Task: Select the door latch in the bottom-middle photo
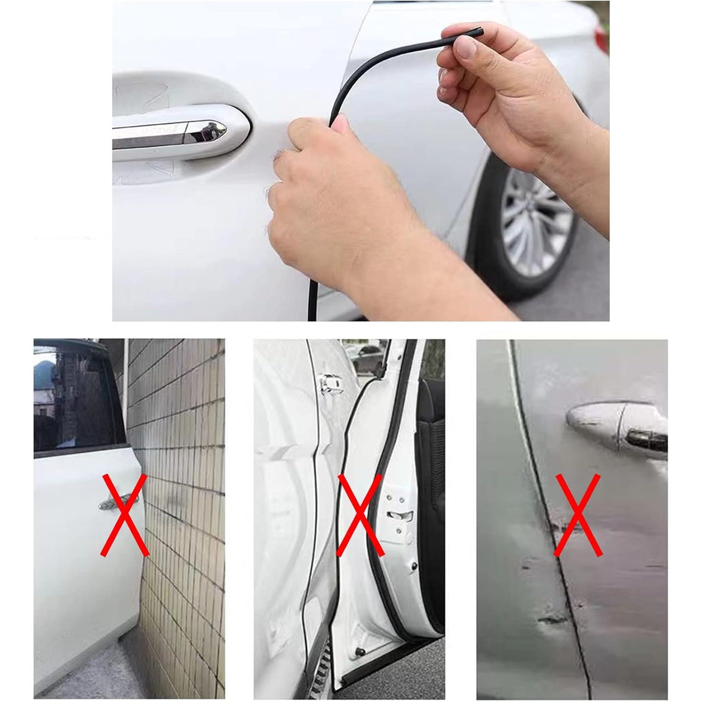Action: (399, 515)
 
